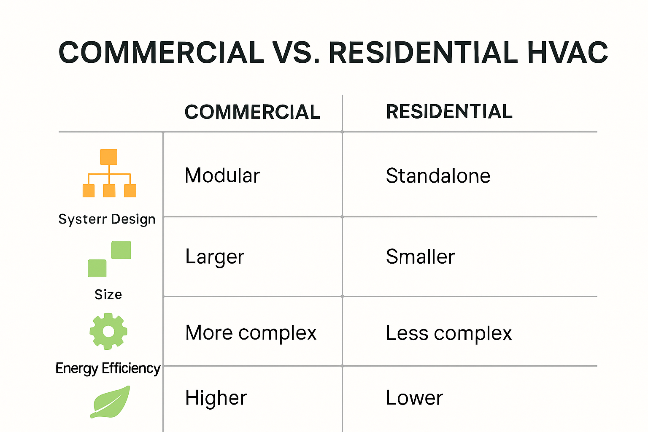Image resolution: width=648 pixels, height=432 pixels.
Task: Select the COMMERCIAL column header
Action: (252, 112)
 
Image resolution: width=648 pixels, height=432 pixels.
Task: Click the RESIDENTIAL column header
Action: (449, 112)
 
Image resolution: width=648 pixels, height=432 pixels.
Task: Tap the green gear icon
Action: (108, 331)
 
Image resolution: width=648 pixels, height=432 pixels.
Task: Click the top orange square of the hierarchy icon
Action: (109, 157)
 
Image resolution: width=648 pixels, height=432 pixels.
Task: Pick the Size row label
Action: (108, 294)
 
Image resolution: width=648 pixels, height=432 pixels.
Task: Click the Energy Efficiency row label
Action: (108, 368)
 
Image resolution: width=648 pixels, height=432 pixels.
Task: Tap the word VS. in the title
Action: (296, 53)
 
